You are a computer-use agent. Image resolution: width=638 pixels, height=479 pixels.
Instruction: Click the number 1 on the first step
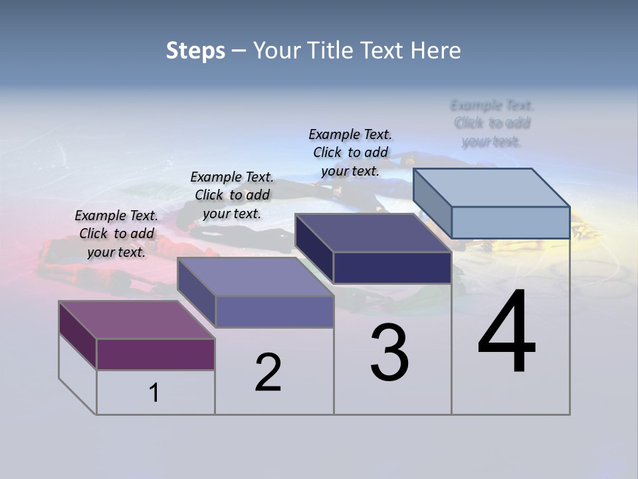(154, 393)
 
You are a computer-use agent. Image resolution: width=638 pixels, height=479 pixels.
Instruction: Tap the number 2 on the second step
(268, 373)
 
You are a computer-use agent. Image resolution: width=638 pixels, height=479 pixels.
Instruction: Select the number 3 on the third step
(389, 353)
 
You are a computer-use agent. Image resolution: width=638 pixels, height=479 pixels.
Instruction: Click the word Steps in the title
(195, 51)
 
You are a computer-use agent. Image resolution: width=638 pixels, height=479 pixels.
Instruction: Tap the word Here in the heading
(435, 51)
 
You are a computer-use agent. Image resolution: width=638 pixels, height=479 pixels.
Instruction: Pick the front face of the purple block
(156, 354)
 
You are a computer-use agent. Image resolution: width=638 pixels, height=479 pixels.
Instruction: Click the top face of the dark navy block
(372, 233)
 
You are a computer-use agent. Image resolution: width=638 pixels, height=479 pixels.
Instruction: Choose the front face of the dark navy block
(392, 267)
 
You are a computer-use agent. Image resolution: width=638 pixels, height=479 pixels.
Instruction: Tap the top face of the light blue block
(492, 187)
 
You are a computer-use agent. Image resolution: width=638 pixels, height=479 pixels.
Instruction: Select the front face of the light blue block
(510, 222)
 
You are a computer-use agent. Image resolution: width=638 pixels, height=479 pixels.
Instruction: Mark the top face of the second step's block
(256, 276)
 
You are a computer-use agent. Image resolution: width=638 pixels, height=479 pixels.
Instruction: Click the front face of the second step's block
(274, 311)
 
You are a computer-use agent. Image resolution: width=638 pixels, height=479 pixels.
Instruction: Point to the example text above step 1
(116, 234)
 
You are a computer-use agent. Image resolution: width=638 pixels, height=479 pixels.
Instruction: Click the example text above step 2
(232, 195)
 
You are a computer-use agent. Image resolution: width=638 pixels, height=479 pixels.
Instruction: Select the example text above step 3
(350, 152)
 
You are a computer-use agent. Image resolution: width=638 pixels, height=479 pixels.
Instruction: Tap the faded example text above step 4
(492, 123)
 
